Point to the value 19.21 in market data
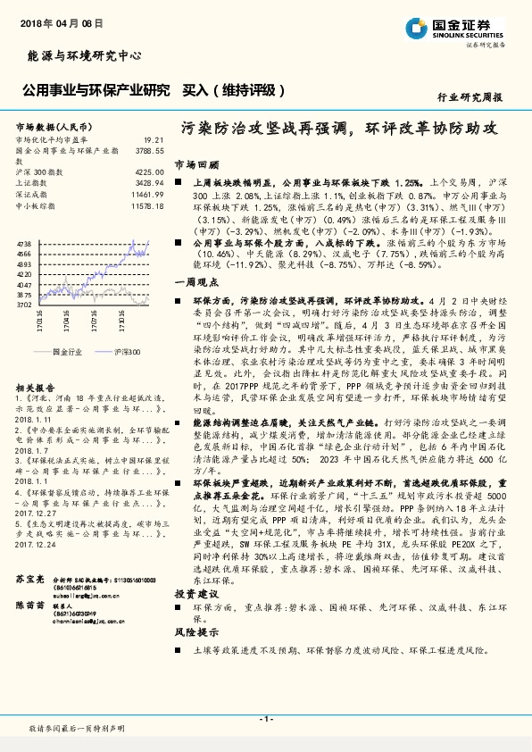point(154,140)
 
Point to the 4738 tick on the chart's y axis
point(23,243)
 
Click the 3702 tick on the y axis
point(23,305)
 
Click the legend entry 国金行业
point(67,352)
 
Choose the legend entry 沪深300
point(129,352)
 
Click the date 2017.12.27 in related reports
point(34,489)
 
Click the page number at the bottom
point(265,719)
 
